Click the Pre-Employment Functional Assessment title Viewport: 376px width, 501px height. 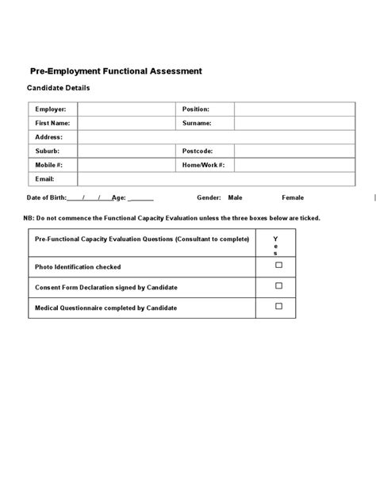pos(116,71)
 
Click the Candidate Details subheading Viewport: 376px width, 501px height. pos(59,88)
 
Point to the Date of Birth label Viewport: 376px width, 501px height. pos(46,197)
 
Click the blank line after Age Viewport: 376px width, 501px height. pos(140,198)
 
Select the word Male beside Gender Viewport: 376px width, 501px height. pos(235,197)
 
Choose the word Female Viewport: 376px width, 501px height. pos(293,197)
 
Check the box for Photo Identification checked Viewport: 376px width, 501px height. pos(278,266)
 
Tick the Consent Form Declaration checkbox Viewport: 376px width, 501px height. pos(278,286)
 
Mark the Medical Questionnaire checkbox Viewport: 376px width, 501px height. pos(278,306)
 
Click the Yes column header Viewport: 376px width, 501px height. pos(276,245)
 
